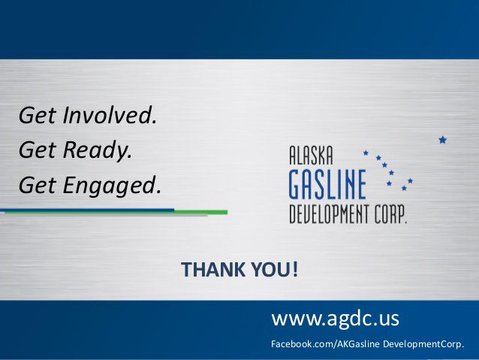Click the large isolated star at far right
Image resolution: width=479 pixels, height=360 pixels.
442,140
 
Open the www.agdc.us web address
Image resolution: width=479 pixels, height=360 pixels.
335,319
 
